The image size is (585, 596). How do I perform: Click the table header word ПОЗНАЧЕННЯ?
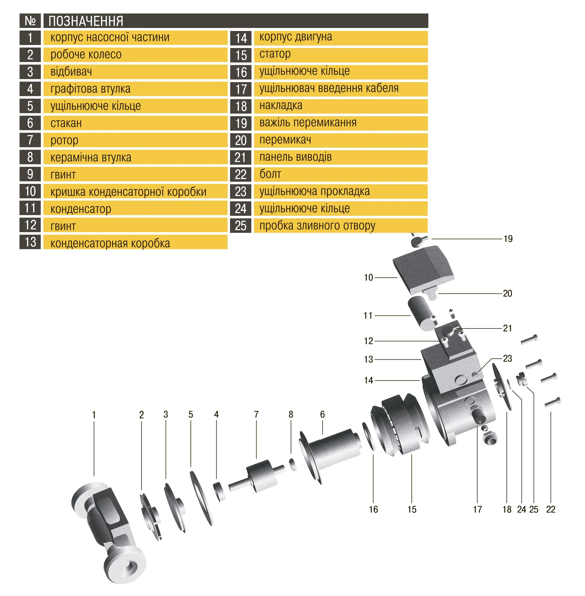coord(86,21)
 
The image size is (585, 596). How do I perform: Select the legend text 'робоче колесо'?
coord(86,55)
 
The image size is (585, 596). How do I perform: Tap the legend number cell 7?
coord(30,140)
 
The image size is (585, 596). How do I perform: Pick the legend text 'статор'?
coord(275,54)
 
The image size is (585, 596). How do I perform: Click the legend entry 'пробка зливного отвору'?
coord(317,226)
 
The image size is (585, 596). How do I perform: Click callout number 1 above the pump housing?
coord(94,415)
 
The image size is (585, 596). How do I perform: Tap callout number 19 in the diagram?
coord(508,239)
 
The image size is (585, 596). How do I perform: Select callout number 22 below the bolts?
coord(551,509)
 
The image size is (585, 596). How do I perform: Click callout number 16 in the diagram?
coord(373,509)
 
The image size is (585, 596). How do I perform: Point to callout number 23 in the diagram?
coord(507,358)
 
